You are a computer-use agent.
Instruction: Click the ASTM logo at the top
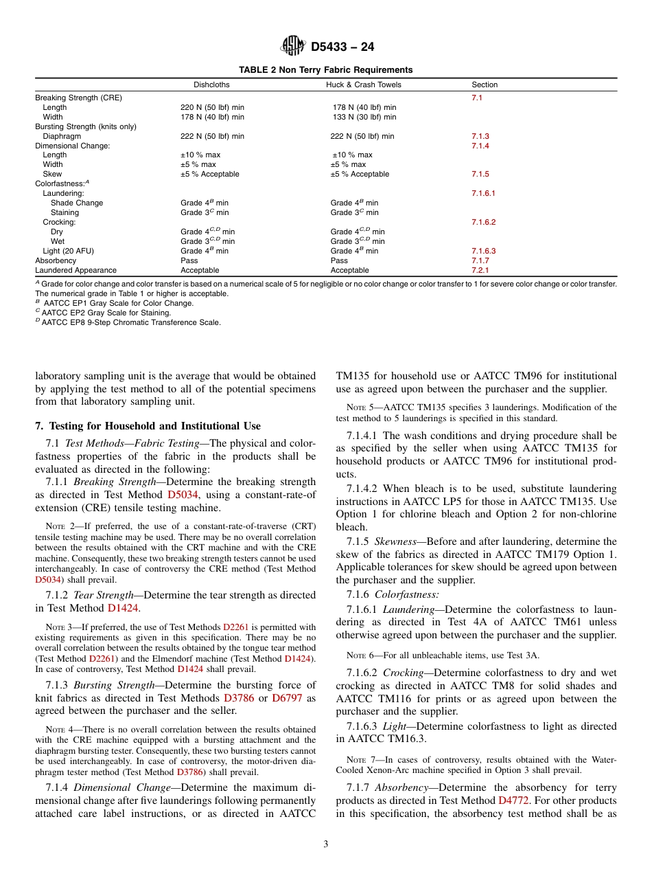point(293,47)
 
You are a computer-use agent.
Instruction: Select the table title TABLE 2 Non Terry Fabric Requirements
point(325,70)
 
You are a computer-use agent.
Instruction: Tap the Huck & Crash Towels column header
point(363,85)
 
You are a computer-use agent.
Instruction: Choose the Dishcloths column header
point(211,85)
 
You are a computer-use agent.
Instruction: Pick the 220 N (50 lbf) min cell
point(212,108)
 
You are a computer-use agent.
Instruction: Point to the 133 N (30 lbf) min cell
point(364,117)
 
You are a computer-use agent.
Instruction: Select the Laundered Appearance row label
point(75,271)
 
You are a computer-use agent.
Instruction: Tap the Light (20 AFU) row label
point(67,251)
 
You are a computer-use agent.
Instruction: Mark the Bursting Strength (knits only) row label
point(86,127)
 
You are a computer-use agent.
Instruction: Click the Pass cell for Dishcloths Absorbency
point(189,261)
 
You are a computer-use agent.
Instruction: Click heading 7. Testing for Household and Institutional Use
point(148,426)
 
